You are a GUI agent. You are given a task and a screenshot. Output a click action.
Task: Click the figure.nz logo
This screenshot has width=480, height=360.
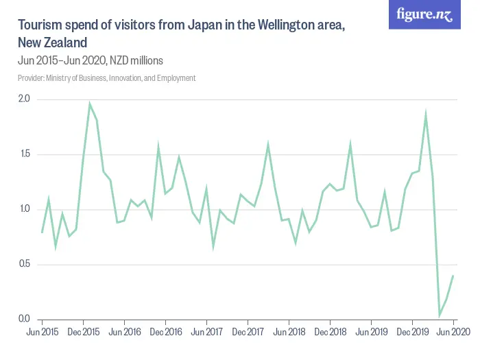[424, 15]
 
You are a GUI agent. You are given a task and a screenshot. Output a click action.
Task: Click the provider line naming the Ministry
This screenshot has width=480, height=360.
[106, 78]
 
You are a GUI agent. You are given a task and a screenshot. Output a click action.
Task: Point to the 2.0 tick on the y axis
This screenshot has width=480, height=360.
[24, 99]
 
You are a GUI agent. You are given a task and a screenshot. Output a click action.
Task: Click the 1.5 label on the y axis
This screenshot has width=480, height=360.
[24, 154]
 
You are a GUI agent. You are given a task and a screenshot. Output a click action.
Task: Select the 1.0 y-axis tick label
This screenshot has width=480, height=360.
[24, 209]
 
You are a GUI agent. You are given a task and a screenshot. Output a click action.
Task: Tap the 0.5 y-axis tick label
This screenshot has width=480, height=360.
[24, 264]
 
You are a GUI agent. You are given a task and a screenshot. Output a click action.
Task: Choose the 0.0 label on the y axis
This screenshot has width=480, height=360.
[24, 319]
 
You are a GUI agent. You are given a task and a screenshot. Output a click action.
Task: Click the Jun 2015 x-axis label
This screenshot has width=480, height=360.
[42, 332]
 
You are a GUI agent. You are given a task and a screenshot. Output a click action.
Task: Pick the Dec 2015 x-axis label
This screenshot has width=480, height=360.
[83, 332]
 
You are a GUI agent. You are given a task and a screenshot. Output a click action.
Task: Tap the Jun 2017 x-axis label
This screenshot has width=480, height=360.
[206, 332]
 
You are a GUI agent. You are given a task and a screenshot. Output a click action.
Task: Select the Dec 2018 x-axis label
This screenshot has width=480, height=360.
[330, 332]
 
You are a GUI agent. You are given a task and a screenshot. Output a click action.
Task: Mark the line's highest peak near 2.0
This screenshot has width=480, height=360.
[90, 104]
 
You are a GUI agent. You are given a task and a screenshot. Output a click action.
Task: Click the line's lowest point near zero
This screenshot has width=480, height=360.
[440, 315]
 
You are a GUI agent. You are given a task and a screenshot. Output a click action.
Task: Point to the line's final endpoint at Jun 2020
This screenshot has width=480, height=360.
[453, 276]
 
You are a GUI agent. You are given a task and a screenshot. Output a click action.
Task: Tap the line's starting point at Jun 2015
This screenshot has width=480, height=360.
[42, 232]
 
